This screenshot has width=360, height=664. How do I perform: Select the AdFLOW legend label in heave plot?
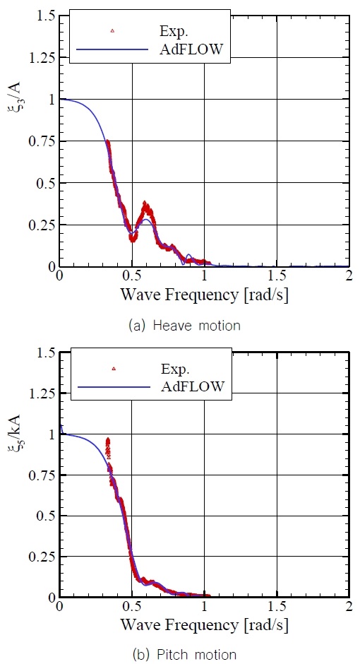[x=192, y=49]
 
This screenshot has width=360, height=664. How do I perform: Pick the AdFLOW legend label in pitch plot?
[x=192, y=386]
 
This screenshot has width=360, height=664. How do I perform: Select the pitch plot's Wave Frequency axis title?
[x=203, y=624]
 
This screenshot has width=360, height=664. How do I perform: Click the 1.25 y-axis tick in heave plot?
[x=40, y=58]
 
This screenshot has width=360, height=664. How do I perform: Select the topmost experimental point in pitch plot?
[x=108, y=439]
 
